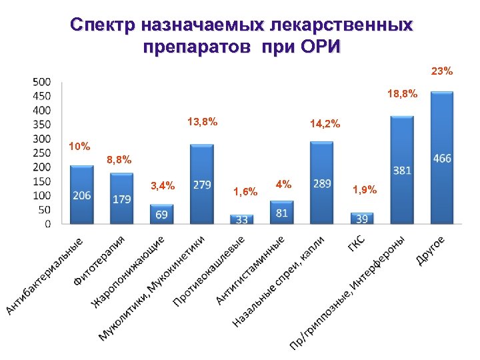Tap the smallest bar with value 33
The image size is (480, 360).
241,219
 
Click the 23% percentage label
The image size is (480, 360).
441,71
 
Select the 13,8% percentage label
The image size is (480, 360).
202,122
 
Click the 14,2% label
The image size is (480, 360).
325,123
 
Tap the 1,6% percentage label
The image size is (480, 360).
245,192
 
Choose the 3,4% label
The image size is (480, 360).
163,186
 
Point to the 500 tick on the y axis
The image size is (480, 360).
42,81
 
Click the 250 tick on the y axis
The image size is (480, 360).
42,153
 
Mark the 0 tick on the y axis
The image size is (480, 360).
47,224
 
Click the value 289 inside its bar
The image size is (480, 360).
322,183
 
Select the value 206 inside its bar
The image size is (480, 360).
82,195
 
